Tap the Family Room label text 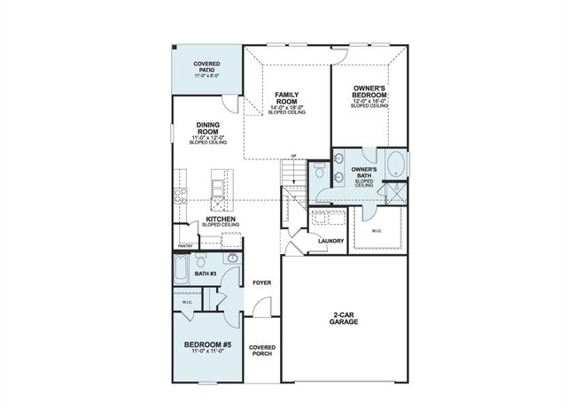point(285,97)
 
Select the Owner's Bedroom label point(369,93)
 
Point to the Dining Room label point(207,130)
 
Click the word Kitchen point(220,218)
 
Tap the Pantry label point(185,246)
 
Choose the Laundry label point(330,240)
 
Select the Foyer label point(261,283)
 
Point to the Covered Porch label point(261,350)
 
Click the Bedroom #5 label point(208,344)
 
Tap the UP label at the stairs point(293,156)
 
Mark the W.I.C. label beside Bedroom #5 point(187,302)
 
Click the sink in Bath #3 point(231,259)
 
